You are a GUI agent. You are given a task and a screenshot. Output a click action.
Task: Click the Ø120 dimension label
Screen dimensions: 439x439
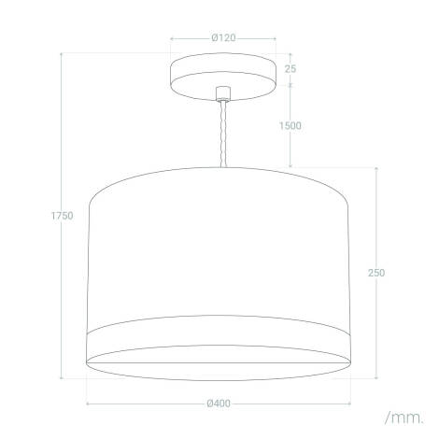coord(222,38)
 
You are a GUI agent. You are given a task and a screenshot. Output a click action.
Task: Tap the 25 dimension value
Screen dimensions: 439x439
coord(290,70)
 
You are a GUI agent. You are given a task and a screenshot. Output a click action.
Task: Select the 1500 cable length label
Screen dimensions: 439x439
coord(291,125)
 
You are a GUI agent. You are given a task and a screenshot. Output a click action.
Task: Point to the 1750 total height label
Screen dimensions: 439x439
coord(62,217)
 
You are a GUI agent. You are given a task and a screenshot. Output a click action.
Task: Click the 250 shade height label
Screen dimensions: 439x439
coord(376,273)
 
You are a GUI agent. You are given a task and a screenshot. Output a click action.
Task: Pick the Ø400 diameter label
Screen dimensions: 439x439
coord(221,404)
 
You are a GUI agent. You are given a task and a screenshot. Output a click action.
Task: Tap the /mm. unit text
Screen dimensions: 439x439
coord(403,413)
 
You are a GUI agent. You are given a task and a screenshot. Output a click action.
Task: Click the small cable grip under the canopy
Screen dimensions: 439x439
coord(222,93)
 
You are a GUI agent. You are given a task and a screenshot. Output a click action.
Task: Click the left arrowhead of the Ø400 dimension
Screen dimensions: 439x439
coord(89,404)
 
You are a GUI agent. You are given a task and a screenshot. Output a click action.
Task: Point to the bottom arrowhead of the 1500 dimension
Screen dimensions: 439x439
coord(291,165)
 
